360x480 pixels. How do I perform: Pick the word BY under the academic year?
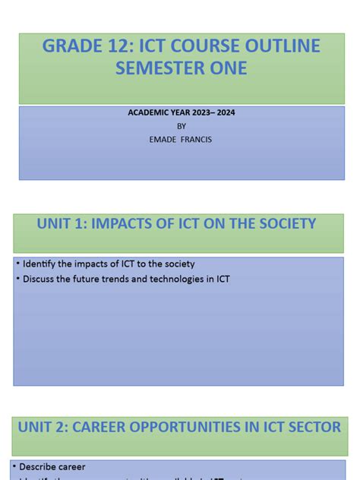tap(181, 126)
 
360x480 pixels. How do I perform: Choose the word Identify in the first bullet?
tap(40, 264)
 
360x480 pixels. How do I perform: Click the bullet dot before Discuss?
tap(17, 279)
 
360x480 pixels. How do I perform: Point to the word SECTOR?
tap(311, 428)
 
